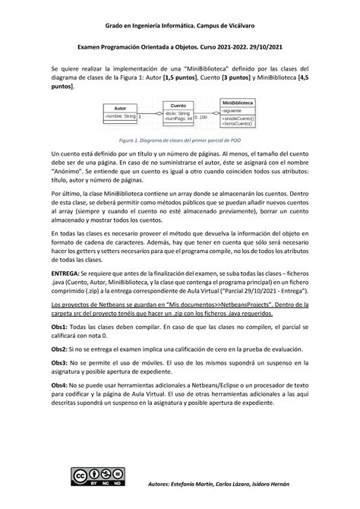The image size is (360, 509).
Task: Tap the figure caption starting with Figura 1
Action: coord(180,141)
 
